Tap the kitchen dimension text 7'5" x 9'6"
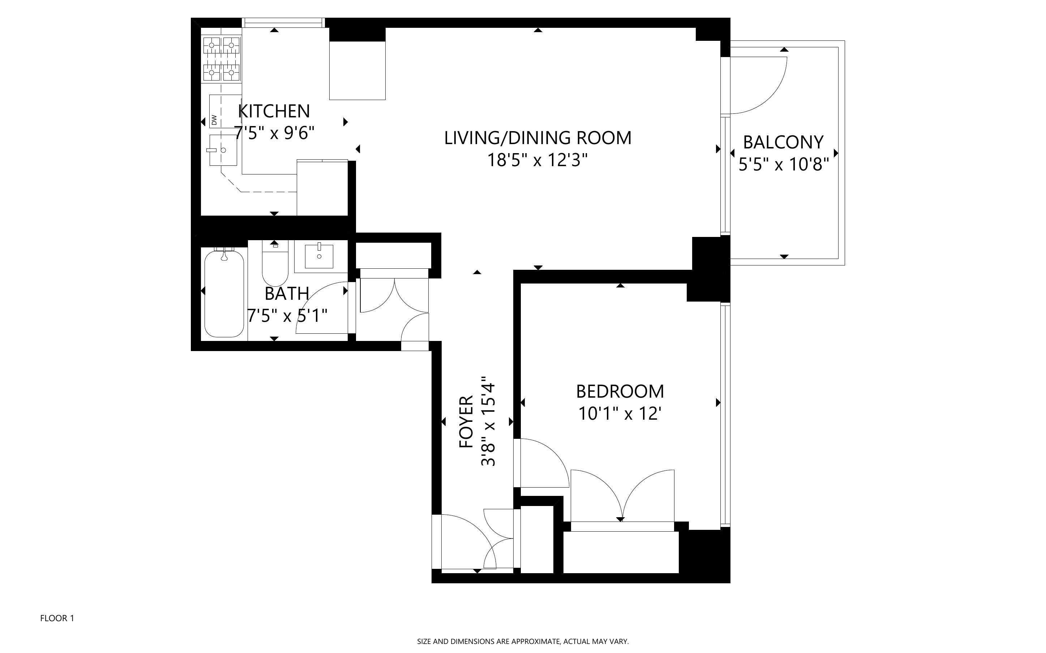[274, 133]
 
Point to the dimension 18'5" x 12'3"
[537, 161]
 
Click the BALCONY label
[783, 142]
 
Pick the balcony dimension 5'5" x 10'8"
[783, 165]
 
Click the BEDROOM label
[620, 391]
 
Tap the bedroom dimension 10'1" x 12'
[620, 414]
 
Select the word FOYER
[467, 421]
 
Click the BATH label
[287, 294]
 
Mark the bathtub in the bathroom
[224, 294]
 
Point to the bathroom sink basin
[319, 256]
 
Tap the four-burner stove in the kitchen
[222, 59]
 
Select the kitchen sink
[223, 150]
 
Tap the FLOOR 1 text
[57, 618]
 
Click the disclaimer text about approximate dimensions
[523, 642]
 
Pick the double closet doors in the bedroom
[622, 497]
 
